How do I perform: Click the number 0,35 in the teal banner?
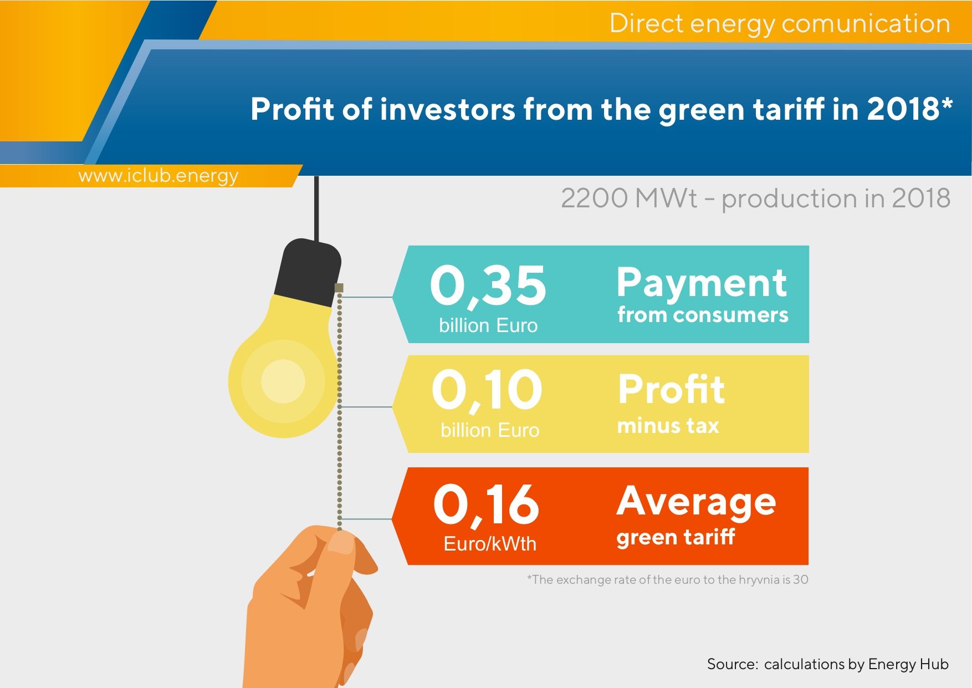(488, 286)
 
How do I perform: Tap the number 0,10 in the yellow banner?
(487, 391)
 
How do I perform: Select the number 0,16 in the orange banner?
(486, 504)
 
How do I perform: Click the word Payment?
(702, 284)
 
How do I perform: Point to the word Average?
(697, 502)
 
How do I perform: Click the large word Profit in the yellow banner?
(671, 389)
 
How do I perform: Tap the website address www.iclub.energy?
(158, 176)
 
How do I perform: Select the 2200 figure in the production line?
(595, 198)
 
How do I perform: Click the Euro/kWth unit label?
(490, 544)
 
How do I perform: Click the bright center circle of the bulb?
(283, 381)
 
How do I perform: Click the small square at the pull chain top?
(339, 288)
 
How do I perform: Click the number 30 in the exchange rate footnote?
(801, 580)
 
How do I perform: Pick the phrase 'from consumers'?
(703, 315)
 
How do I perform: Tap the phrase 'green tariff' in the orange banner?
(676, 537)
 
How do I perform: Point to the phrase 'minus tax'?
(668, 426)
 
